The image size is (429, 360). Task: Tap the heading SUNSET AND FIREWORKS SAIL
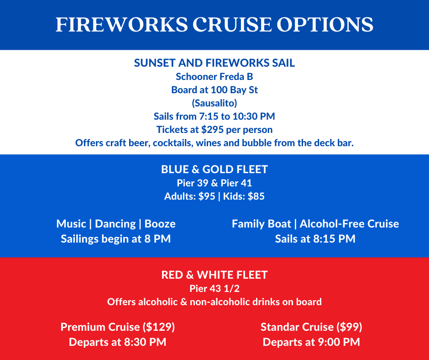214,63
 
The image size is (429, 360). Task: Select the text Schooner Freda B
214,77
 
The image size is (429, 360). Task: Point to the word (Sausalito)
214,103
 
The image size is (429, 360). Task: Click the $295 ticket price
213,130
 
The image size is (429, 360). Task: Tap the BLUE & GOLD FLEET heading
214,169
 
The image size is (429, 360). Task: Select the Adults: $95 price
189,196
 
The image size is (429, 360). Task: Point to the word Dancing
115,224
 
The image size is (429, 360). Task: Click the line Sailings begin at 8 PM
116,239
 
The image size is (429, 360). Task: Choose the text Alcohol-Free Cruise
350,224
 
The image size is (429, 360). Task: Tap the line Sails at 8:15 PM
315,239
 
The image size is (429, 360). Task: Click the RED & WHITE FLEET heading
214,275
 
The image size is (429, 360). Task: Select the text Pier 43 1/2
214,288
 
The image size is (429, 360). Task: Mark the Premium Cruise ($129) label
118,327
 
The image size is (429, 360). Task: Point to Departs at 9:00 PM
311,342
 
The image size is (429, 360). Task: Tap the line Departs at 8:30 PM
118,342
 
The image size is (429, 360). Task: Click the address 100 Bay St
234,90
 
